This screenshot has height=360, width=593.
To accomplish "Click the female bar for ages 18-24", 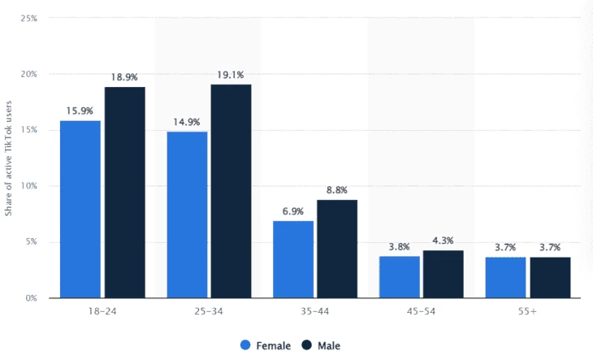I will point(80,209).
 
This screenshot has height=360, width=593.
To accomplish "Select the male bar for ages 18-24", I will point(124,192).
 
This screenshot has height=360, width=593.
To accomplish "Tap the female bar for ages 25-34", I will point(187,215).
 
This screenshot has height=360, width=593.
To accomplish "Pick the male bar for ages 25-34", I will point(231,191).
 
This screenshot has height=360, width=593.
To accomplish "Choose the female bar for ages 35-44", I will point(293,259).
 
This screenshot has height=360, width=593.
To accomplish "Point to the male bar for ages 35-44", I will point(337,249).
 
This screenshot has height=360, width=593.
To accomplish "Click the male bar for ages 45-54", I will point(444,274).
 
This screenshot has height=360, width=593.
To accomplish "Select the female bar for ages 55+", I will point(506,277).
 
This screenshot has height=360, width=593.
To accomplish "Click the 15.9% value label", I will point(80,110).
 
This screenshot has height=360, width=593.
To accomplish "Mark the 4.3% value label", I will point(444,240).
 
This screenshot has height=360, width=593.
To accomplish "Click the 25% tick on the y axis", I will point(29,18).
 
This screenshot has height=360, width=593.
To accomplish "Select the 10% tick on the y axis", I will point(29,186).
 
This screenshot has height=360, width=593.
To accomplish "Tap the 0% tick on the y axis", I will point(32,298).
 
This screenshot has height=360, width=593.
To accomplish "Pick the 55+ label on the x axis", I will point(528,313).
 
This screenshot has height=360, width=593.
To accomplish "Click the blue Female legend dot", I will point(245,345).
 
